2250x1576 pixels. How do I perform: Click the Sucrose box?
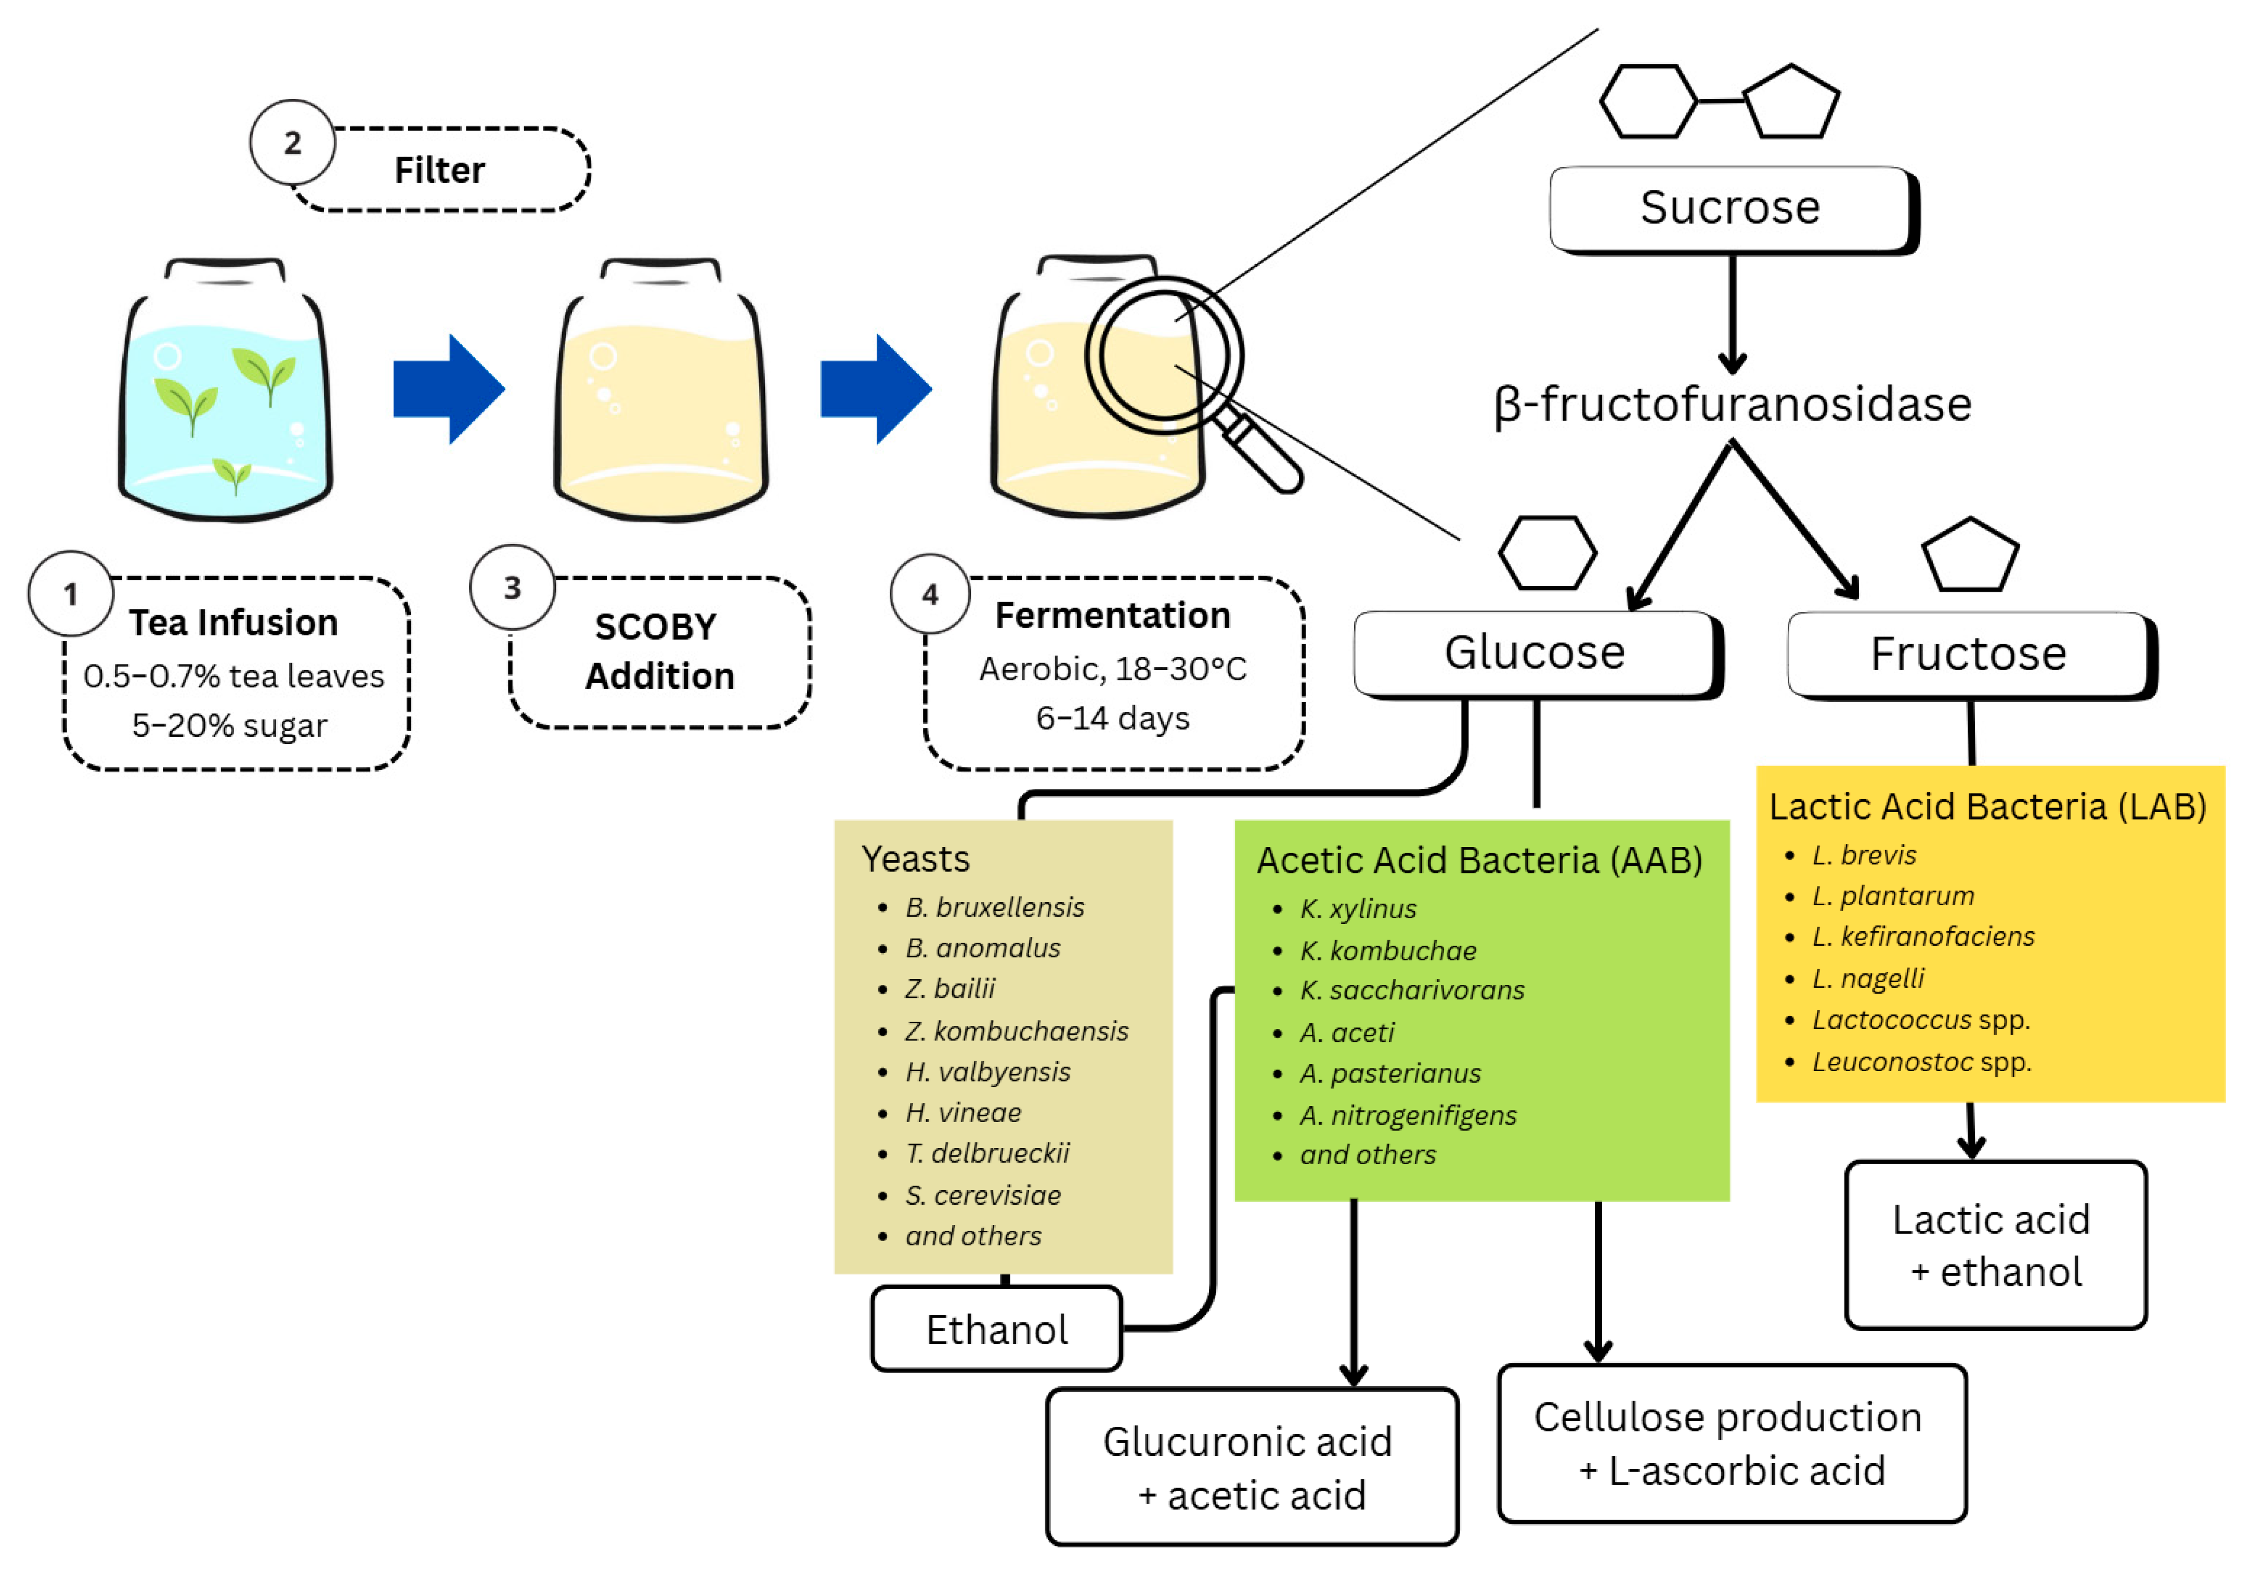tap(1731, 208)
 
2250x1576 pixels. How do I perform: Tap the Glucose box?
tap(1534, 653)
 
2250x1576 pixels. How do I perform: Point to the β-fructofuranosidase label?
tap(1733, 405)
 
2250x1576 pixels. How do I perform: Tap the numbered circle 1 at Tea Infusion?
tap(71, 594)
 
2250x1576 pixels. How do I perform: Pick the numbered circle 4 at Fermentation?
tap(930, 594)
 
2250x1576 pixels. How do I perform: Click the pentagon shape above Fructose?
tap(1970, 556)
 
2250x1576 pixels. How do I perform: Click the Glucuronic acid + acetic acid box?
tap(1252, 1467)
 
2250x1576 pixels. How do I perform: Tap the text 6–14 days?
tap(1112, 719)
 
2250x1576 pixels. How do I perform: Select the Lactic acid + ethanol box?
tap(1995, 1246)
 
